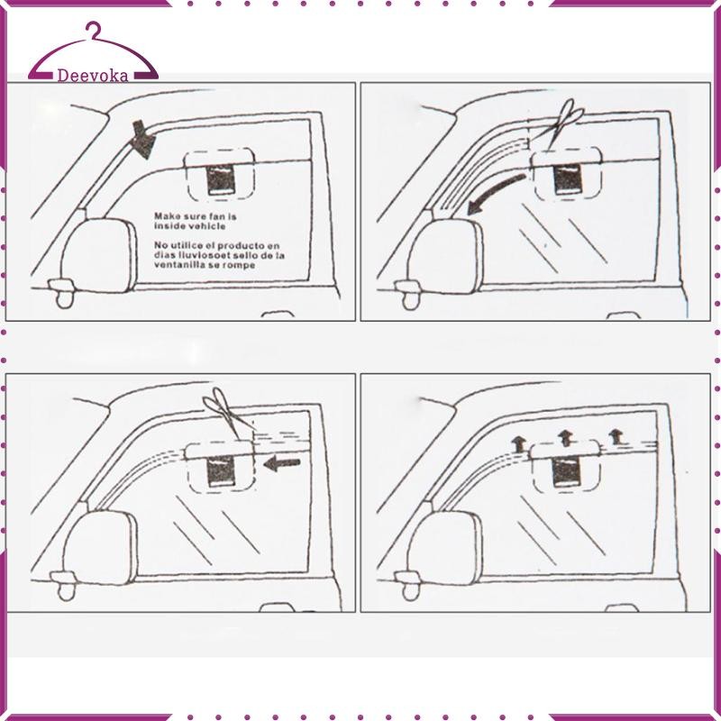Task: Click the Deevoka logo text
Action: pyautogui.click(x=93, y=76)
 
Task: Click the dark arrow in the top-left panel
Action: pyautogui.click(x=143, y=140)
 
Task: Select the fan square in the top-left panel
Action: pyautogui.click(x=221, y=180)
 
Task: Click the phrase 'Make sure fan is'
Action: pyautogui.click(x=196, y=216)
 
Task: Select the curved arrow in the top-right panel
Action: pyautogui.click(x=495, y=193)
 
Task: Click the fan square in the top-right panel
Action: pyautogui.click(x=569, y=179)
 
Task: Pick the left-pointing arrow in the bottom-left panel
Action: pyautogui.click(x=282, y=463)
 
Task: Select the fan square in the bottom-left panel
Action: pyautogui.click(x=221, y=471)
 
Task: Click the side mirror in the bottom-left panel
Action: pyautogui.click(x=100, y=548)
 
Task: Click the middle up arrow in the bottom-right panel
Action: pyautogui.click(x=565, y=438)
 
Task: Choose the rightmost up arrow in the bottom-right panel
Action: pyautogui.click(x=616, y=436)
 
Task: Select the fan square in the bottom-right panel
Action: pyautogui.click(x=567, y=471)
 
